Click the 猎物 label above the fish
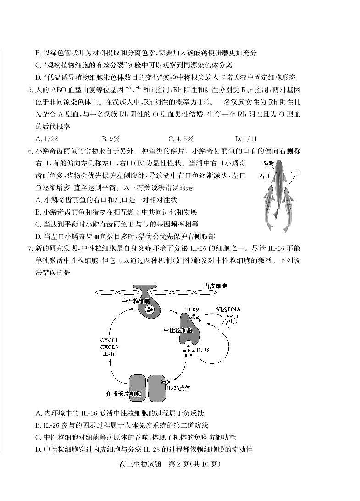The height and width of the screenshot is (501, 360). click(269, 163)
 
